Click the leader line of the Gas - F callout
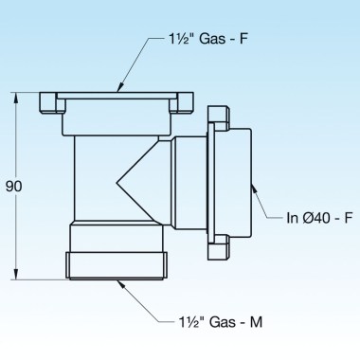pos(135,62)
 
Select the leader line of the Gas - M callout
pos(141,301)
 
